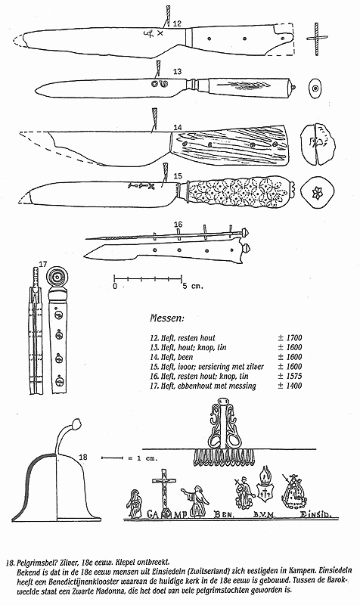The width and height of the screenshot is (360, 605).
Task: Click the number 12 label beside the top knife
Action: point(177,23)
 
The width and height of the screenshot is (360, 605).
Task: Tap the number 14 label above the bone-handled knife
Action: point(178,127)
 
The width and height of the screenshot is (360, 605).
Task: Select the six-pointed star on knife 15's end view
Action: point(317,193)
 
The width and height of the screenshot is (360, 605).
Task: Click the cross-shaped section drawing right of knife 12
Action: point(317,39)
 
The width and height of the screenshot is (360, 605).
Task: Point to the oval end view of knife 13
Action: point(315,88)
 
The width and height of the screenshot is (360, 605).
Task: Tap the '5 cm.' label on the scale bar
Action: point(193,287)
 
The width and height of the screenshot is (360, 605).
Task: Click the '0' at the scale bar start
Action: point(115,287)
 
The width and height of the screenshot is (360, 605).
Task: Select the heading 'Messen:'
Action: point(166,318)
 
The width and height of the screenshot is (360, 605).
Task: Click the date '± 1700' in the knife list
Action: point(290,338)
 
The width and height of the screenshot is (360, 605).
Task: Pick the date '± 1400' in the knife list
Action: point(290,386)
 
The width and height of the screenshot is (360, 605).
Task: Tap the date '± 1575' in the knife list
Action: point(290,376)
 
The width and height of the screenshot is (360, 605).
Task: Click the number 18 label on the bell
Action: point(83,458)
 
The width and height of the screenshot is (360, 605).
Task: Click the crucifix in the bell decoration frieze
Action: point(164,493)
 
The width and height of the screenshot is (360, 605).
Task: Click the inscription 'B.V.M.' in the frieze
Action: point(263,514)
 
